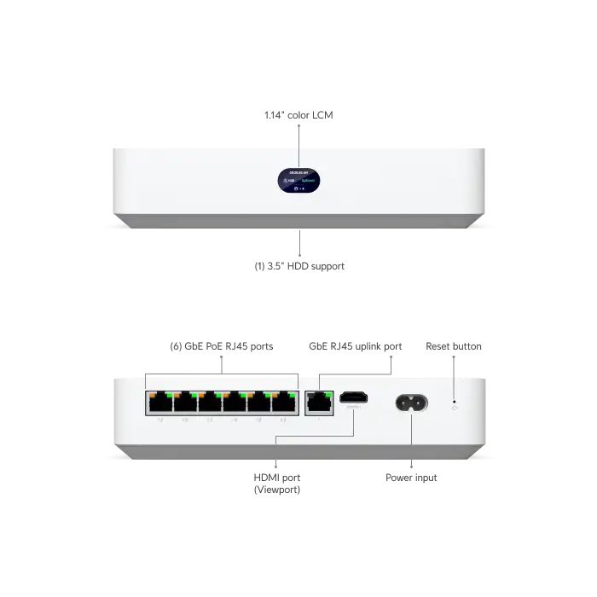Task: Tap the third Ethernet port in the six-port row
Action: (210, 402)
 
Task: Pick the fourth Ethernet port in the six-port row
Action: (235, 402)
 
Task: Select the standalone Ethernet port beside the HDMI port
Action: (317, 402)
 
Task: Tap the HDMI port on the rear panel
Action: (353, 399)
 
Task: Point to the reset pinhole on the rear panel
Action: (454, 402)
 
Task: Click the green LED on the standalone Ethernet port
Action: (325, 393)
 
